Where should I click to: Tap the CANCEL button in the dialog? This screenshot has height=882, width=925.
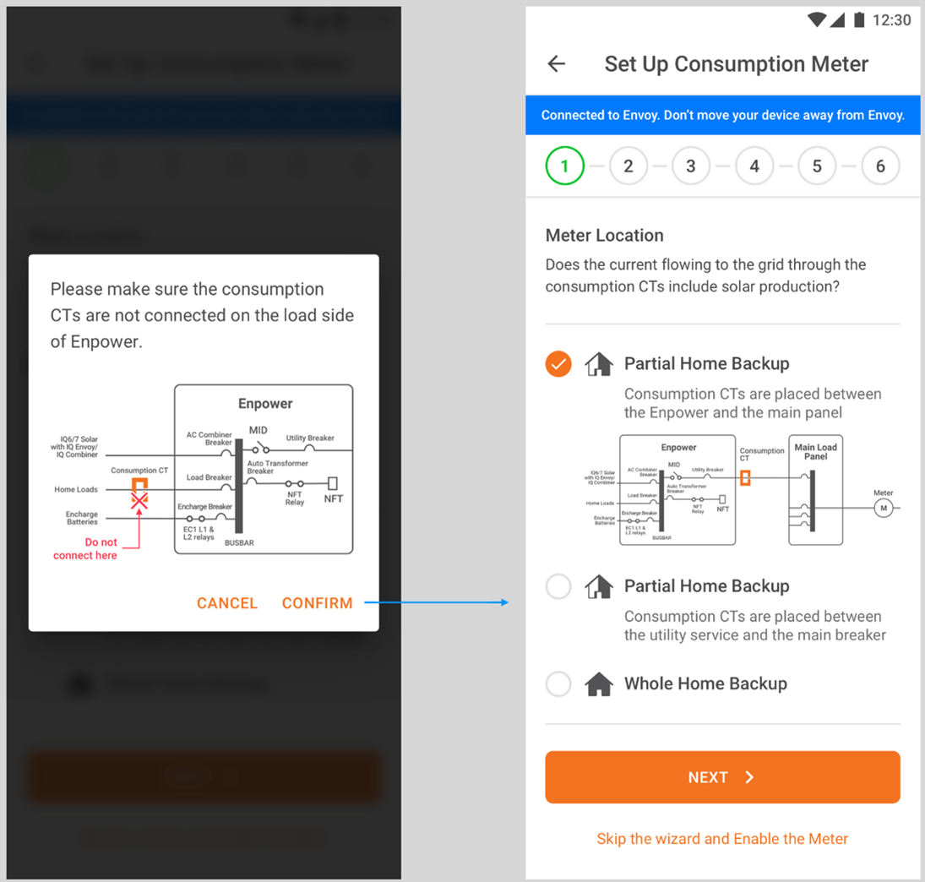226,603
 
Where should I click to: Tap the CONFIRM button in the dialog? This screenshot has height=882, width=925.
317,603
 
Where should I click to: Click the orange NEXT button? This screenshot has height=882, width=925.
722,777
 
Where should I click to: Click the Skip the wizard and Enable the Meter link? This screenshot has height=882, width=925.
722,839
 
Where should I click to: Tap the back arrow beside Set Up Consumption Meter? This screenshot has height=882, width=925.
557,64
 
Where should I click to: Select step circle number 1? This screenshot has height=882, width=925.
565,166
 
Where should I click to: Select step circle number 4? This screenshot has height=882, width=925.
754,166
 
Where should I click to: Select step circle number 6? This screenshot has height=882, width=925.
880,166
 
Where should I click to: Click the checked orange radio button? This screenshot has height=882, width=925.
558,364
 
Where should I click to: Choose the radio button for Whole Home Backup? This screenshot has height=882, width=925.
558,683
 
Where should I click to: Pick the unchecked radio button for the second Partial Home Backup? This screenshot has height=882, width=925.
558,586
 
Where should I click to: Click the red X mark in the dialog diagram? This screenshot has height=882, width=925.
139,501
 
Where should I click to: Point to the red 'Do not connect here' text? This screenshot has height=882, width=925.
85,548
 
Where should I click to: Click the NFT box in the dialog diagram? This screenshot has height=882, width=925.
333,484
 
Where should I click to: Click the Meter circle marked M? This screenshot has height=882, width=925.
884,508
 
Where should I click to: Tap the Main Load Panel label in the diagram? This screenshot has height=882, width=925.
815,452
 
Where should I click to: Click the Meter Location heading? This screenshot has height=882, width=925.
605,236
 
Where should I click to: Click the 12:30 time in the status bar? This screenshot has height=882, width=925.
892,20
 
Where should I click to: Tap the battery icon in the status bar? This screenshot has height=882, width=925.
858,20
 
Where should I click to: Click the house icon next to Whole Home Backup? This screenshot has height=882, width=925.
599,683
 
